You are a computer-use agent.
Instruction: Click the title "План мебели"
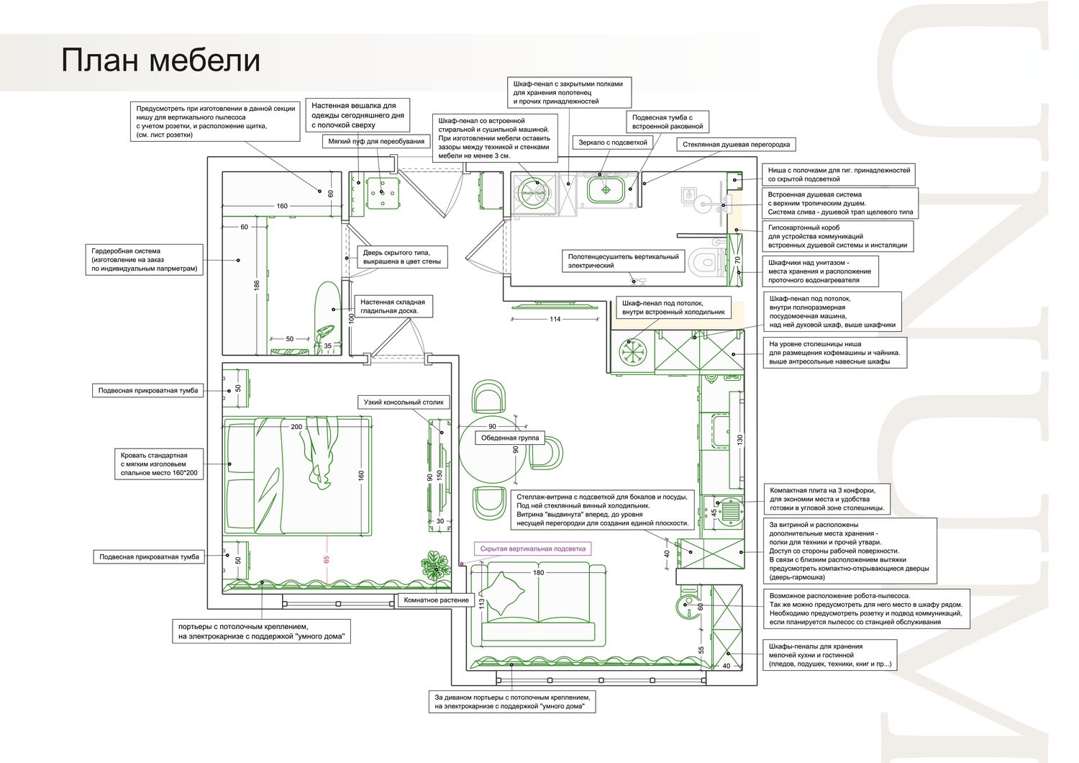coord(160,60)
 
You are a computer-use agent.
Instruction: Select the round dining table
coord(492,456)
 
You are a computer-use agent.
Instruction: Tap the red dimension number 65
coord(327,559)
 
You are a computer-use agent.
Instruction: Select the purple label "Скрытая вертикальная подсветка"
coord(533,548)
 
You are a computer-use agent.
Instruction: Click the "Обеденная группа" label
coord(510,438)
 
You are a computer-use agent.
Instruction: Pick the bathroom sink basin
coord(606,190)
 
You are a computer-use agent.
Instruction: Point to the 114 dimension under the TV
coord(555,319)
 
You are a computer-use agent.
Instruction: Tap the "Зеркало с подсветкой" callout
coord(613,143)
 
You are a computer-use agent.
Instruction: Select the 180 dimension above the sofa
coord(538,573)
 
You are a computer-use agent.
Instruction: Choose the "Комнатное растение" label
coord(437,600)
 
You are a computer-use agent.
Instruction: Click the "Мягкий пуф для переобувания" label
coord(376,141)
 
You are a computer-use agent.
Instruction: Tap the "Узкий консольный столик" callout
coord(404,402)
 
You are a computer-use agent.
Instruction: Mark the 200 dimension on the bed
coord(296,427)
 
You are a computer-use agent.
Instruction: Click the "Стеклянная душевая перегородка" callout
coord(736,144)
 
